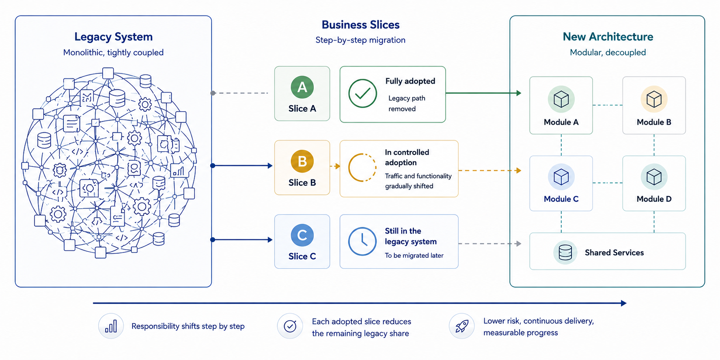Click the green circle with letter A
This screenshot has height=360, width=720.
pyautogui.click(x=302, y=87)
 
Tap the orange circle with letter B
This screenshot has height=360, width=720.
pyautogui.click(x=302, y=161)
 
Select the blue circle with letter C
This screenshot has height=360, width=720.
pyautogui.click(x=302, y=235)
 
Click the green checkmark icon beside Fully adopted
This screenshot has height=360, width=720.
pyautogui.click(x=362, y=93)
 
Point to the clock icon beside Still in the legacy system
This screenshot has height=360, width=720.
pyautogui.click(x=362, y=241)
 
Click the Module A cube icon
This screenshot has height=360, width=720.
pyautogui.click(x=561, y=99)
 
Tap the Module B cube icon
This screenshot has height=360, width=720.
pyautogui.click(x=654, y=99)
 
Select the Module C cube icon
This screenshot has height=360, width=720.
pyautogui.click(x=561, y=177)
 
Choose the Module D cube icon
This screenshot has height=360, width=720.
pyautogui.click(x=654, y=177)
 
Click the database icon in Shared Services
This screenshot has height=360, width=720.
pyautogui.click(x=565, y=252)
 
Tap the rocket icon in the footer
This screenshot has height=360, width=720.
pyautogui.click(x=461, y=326)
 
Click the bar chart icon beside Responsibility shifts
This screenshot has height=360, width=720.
pyautogui.click(x=111, y=326)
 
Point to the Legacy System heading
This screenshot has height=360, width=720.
pyautogui.click(x=114, y=37)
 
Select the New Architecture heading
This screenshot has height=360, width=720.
pyautogui.click(x=608, y=37)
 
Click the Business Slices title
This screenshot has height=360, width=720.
pyautogui.click(x=361, y=25)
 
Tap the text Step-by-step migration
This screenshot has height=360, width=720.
pyautogui.click(x=360, y=40)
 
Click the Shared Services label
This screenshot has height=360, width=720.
pyautogui.click(x=614, y=252)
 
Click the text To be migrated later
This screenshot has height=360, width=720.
pyautogui.click(x=414, y=255)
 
